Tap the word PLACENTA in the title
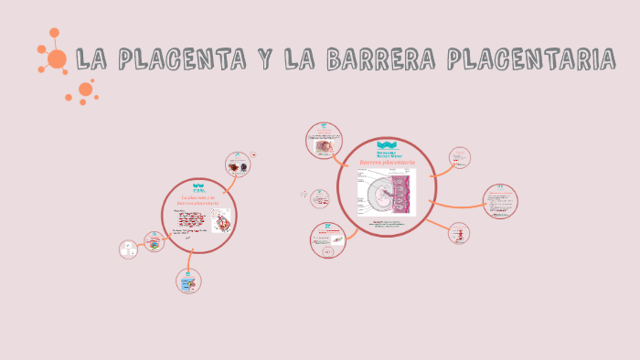(x=160, y=61)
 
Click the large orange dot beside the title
(x=57, y=59)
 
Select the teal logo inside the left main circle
(x=197, y=188)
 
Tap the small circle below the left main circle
(x=189, y=281)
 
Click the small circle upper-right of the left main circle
(x=239, y=164)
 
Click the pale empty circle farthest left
(x=128, y=249)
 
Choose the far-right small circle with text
(x=500, y=202)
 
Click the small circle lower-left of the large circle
(x=328, y=239)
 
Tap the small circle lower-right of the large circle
(x=459, y=234)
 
